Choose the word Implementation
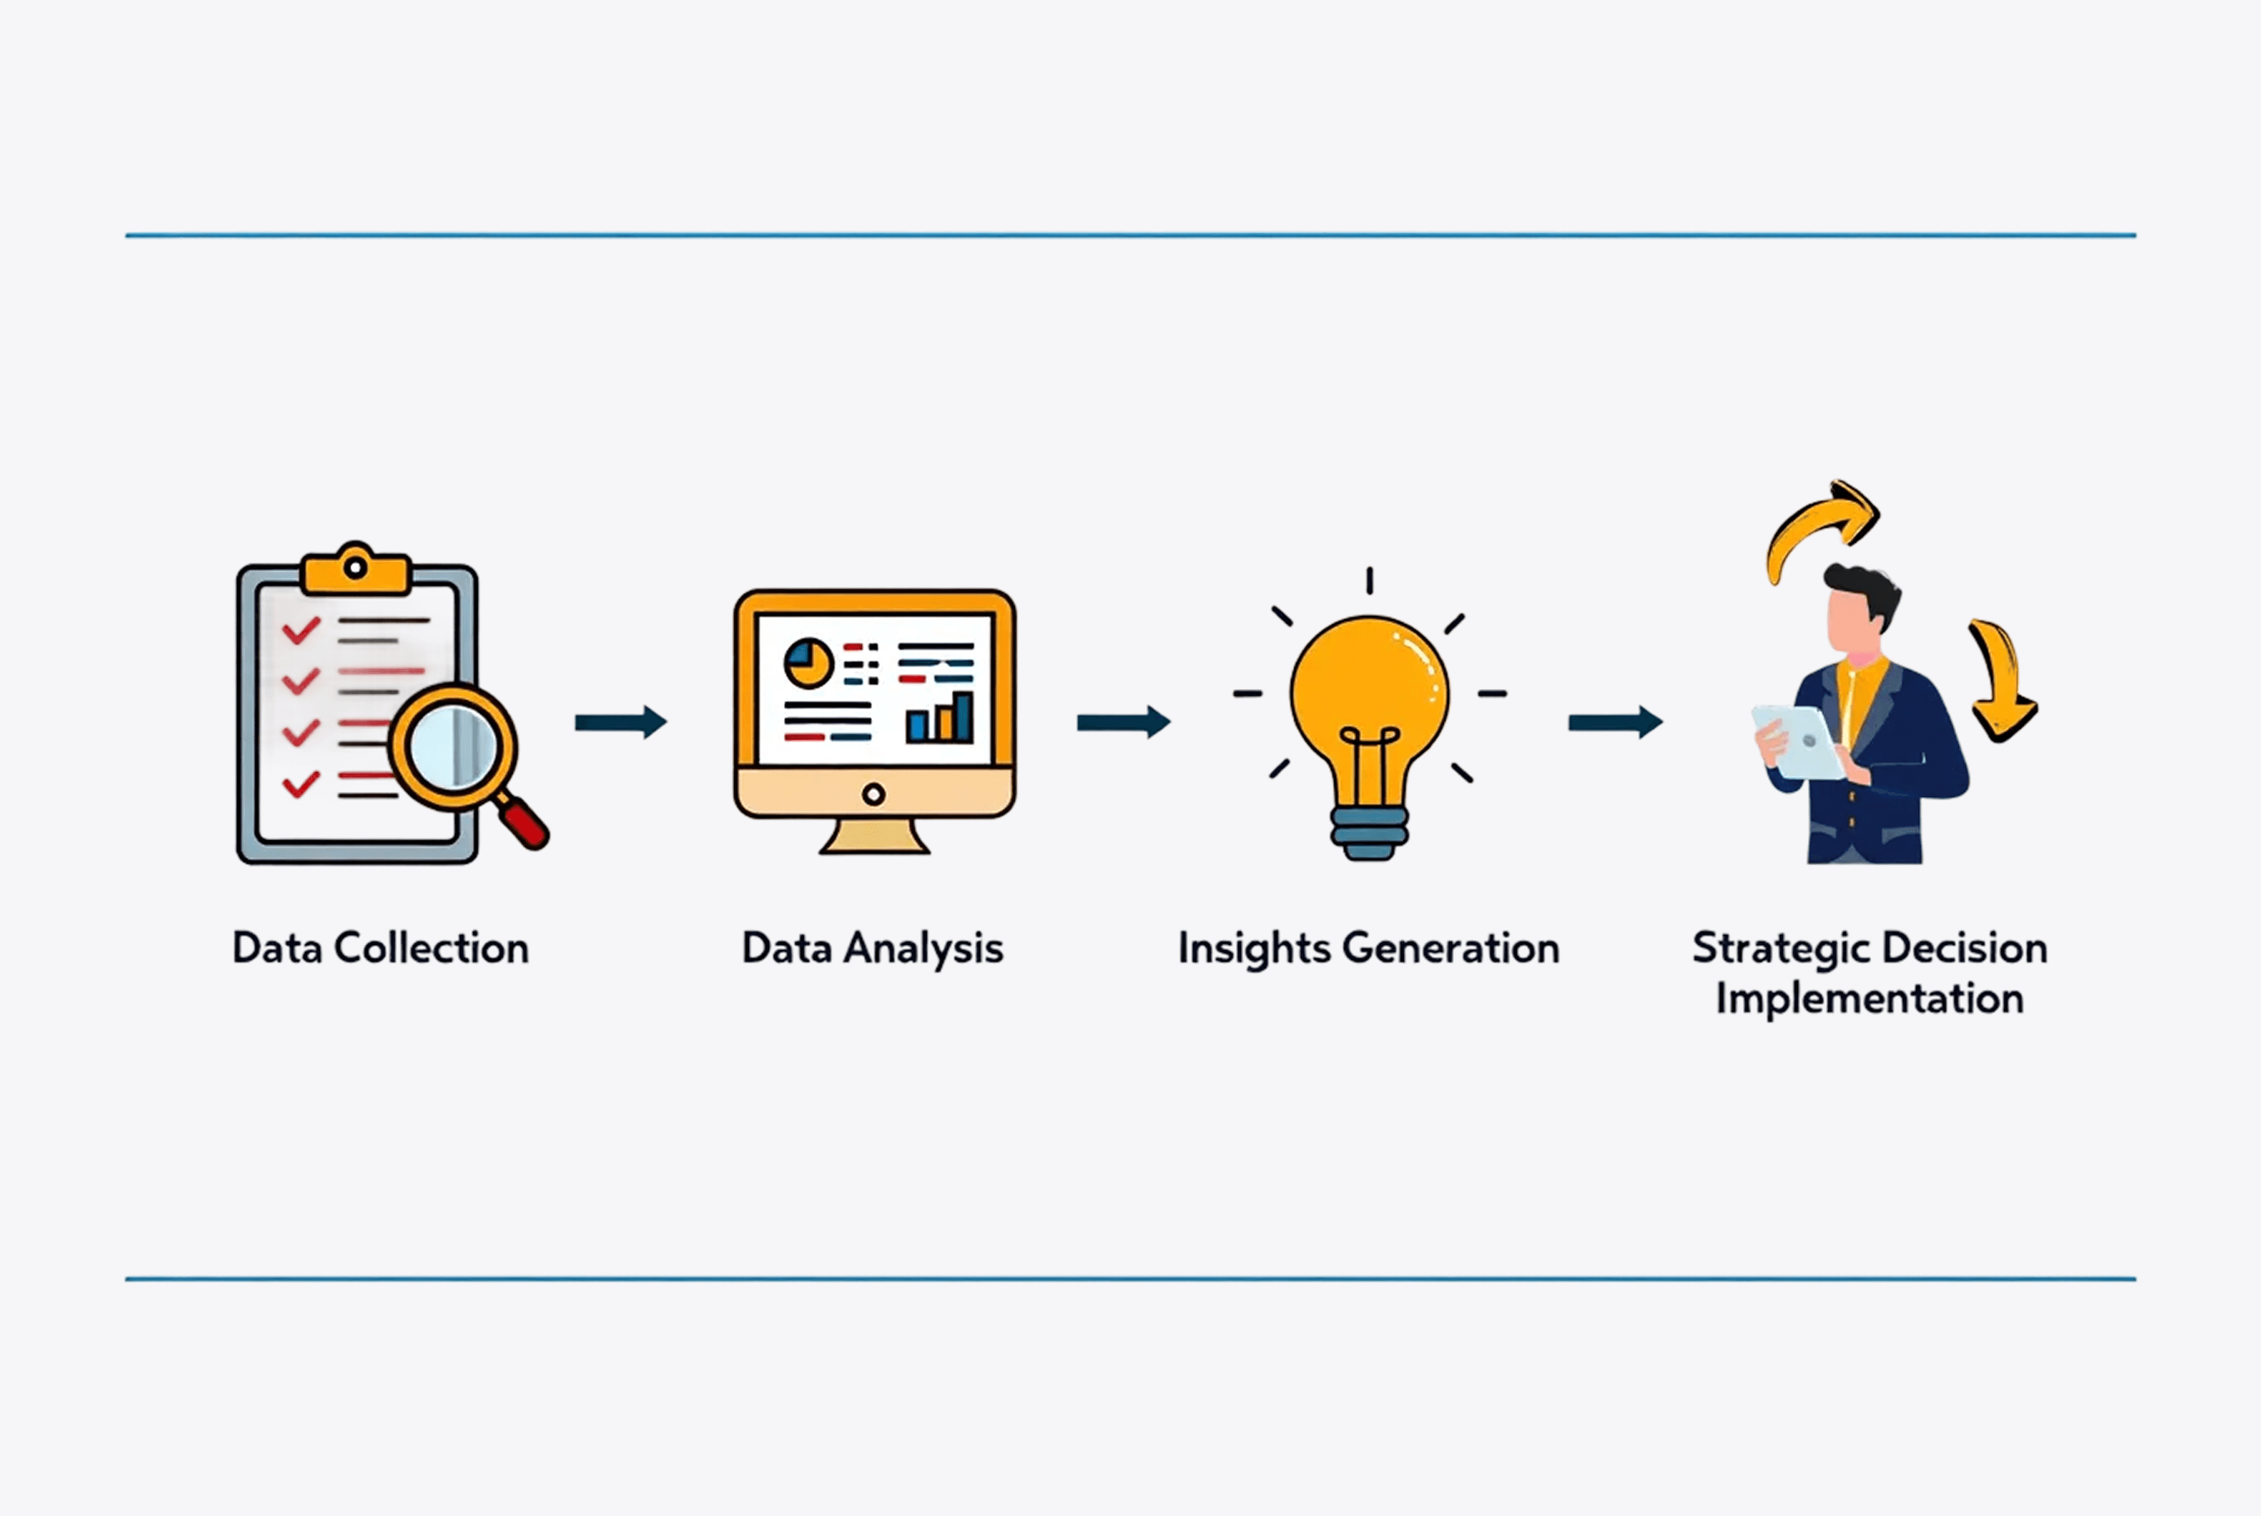click(x=1869, y=999)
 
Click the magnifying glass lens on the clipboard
click(x=452, y=747)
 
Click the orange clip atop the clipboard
click(x=356, y=570)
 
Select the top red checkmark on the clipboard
click(x=301, y=631)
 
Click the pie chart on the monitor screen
click(x=808, y=662)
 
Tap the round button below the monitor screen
click(x=874, y=795)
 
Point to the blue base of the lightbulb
click(x=1369, y=833)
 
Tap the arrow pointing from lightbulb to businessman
click(x=1614, y=722)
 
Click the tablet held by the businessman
click(x=1800, y=742)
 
